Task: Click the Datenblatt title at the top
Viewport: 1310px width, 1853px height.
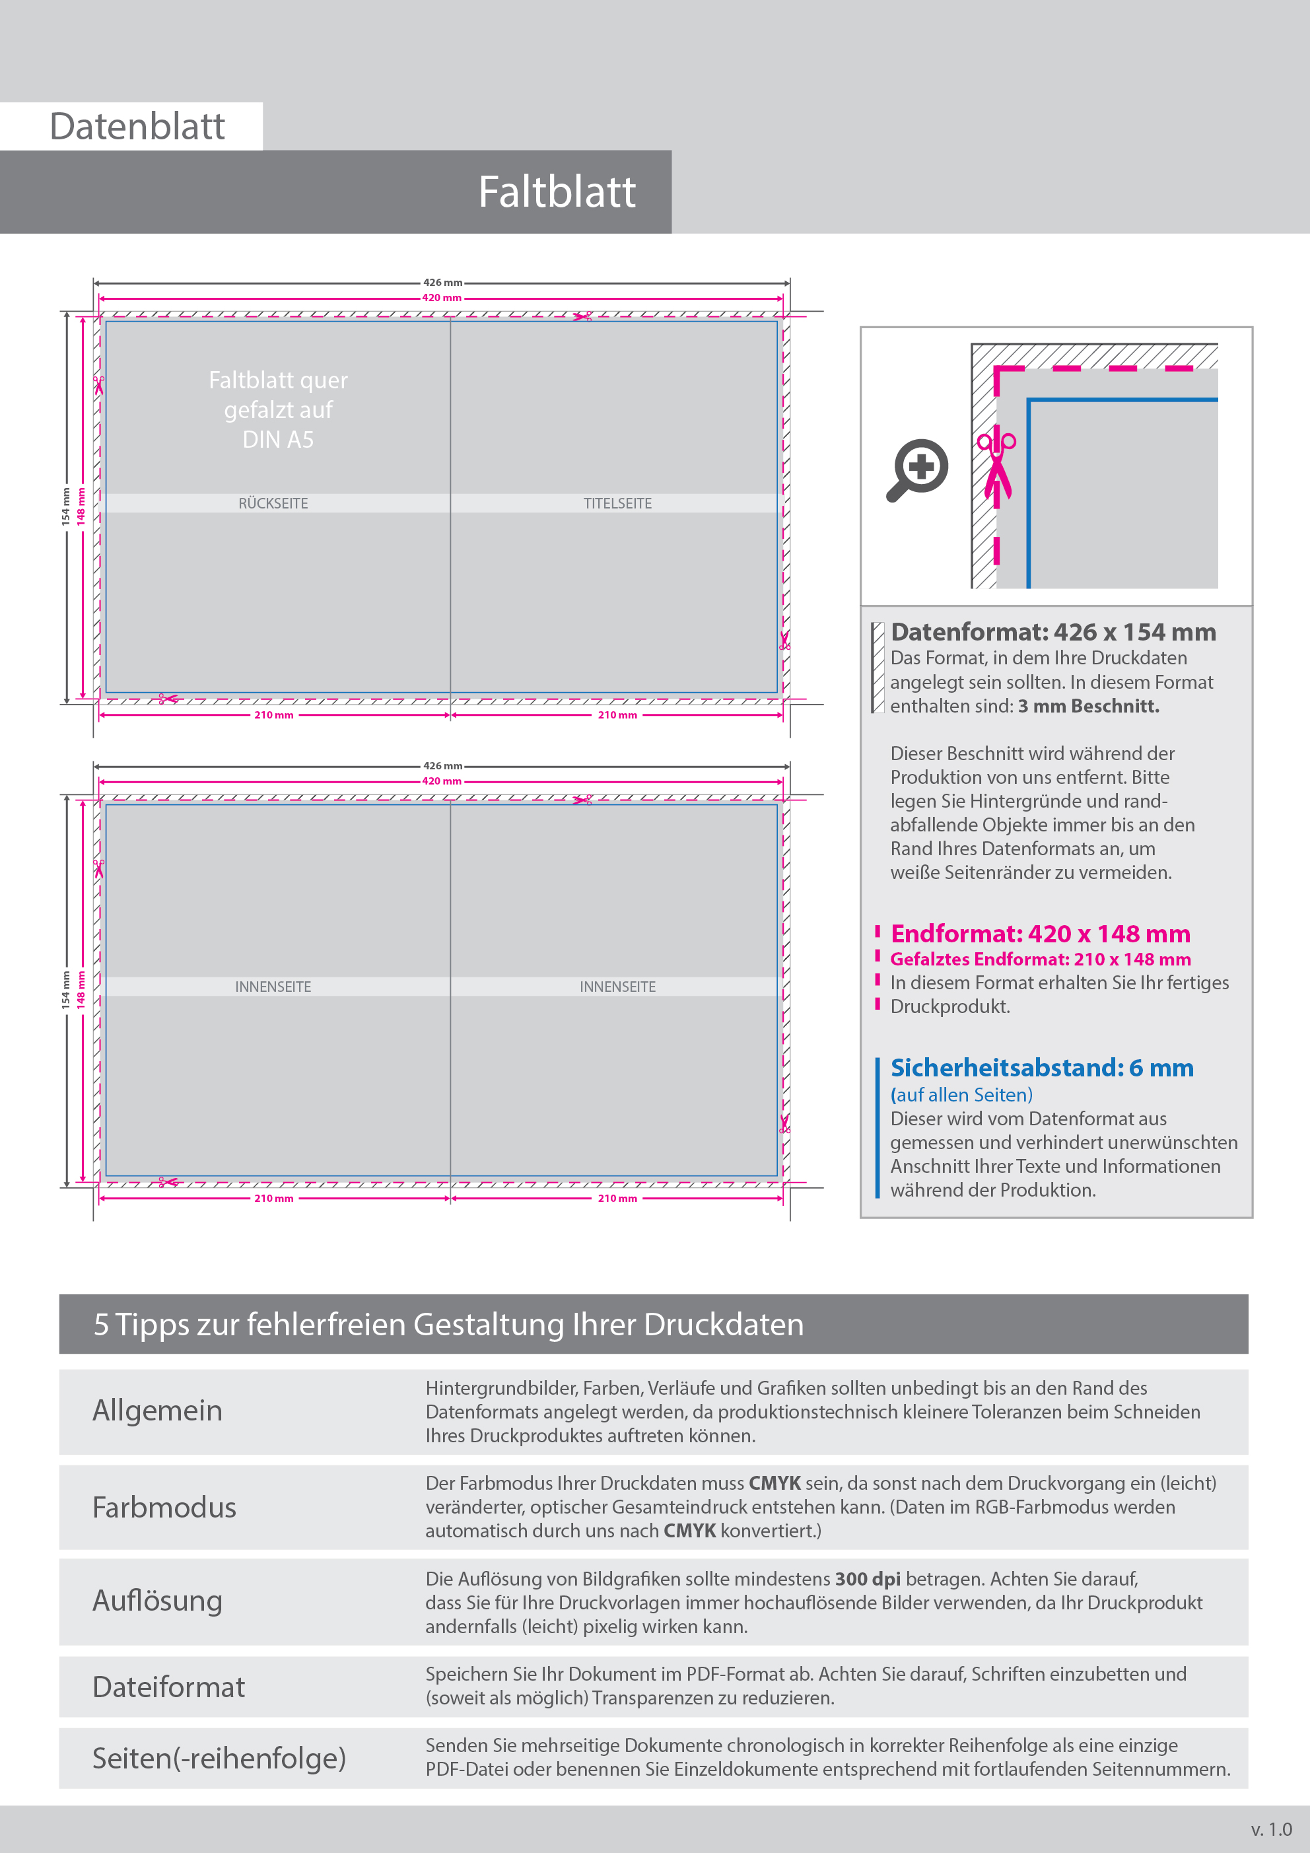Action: (x=137, y=127)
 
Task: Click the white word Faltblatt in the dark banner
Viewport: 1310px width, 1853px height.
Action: (x=556, y=192)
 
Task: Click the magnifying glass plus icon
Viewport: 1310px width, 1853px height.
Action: (x=918, y=469)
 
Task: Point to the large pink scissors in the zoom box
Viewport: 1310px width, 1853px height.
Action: (x=997, y=466)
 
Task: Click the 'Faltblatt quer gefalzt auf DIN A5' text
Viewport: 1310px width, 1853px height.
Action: (x=278, y=410)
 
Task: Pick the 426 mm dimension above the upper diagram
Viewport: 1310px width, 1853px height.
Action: (x=442, y=283)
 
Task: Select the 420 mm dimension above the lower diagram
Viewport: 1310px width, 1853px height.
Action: (x=442, y=781)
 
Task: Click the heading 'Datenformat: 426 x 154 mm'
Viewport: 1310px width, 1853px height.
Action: (x=1052, y=632)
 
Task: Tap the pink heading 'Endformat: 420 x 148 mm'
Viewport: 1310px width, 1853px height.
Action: (x=1039, y=934)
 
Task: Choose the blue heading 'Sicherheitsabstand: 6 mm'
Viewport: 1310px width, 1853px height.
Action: (x=1041, y=1068)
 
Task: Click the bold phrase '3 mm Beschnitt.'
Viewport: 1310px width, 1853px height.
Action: (x=1088, y=706)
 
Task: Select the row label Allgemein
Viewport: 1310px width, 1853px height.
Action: (x=157, y=1411)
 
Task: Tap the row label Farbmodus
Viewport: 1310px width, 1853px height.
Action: (x=164, y=1508)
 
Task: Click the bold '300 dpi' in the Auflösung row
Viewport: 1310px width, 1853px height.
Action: (x=867, y=1578)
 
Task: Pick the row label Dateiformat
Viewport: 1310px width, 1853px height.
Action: (x=168, y=1687)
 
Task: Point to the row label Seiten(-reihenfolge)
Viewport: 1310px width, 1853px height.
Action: (x=219, y=1758)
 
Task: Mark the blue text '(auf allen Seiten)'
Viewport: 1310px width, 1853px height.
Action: (x=961, y=1095)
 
